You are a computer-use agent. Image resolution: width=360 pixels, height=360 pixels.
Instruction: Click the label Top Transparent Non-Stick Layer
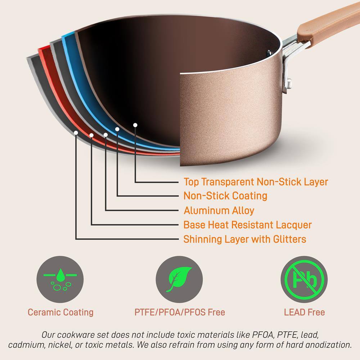[x=256, y=181]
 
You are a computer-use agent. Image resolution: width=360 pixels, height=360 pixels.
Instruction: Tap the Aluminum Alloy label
[x=219, y=210]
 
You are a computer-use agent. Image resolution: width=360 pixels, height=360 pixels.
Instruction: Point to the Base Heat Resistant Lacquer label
[x=247, y=225]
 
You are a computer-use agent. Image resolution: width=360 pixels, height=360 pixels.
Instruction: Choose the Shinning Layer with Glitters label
[x=245, y=239]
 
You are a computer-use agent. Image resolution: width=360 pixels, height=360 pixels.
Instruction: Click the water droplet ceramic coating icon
[x=60, y=279]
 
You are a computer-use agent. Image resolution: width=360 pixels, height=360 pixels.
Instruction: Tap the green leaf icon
[x=179, y=279]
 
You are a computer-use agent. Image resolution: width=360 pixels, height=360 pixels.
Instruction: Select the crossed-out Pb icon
[x=304, y=279]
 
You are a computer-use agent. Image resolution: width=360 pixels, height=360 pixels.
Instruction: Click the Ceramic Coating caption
[x=60, y=312]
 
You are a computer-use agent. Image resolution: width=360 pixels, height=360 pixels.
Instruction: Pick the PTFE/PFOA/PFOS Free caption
[x=180, y=312]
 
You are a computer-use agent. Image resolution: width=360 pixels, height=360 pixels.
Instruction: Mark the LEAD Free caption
[x=304, y=312]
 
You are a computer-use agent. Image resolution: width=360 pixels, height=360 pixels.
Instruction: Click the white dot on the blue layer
[x=117, y=129]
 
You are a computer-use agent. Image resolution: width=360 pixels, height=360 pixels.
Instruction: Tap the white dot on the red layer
[x=91, y=135]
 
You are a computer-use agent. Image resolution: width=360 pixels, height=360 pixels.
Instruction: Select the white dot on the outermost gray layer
[x=76, y=132]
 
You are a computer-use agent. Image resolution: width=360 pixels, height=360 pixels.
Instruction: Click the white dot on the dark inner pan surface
[x=135, y=125]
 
